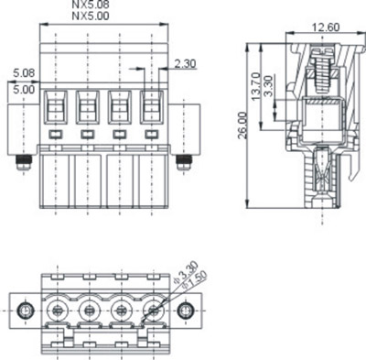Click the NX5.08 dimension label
click(91, 5)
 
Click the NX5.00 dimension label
click(91, 16)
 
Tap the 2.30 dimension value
click(185, 63)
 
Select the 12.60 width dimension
click(326, 27)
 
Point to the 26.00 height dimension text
click(242, 125)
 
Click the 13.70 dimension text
click(255, 86)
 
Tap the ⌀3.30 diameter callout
click(186, 273)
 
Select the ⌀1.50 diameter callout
click(194, 279)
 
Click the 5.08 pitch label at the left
click(24, 73)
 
